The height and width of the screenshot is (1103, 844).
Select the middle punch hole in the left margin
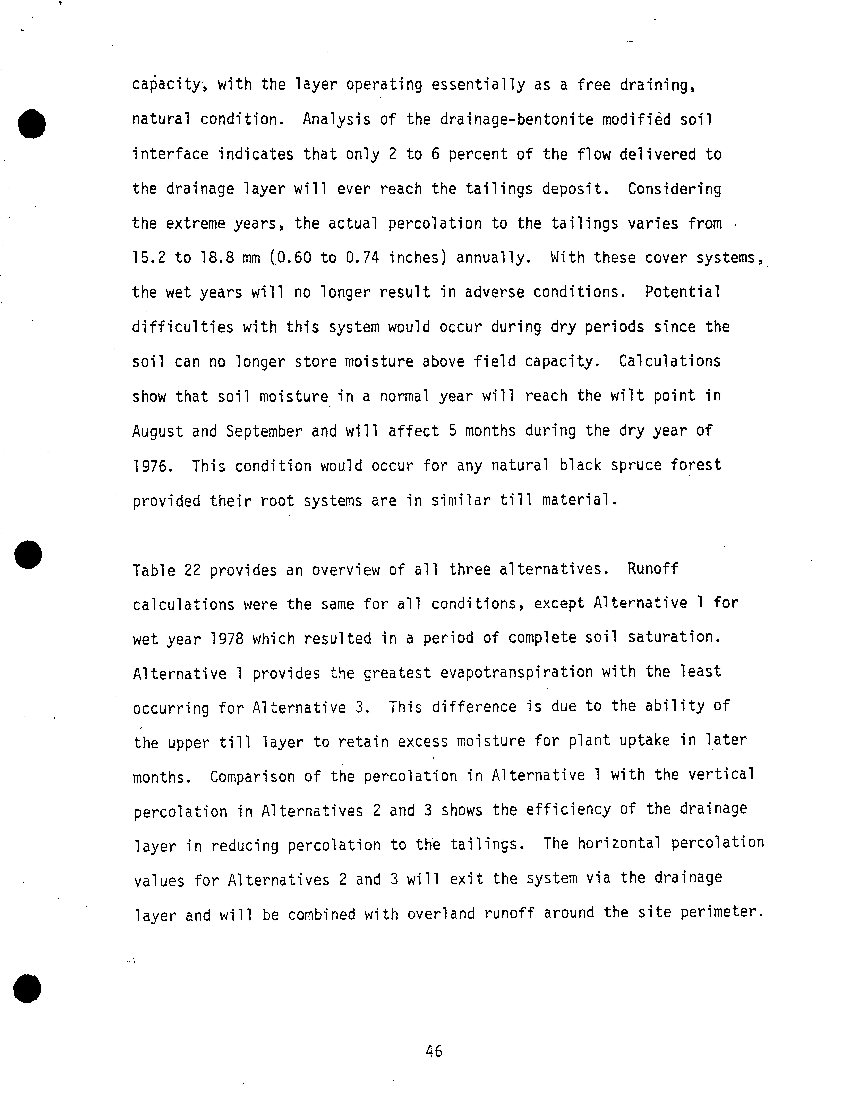28,555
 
